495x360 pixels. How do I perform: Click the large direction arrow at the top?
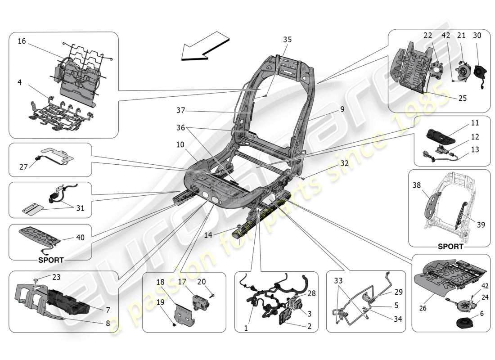[205, 46]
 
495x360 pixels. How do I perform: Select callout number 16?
[22, 41]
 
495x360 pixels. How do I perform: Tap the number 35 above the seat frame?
[287, 40]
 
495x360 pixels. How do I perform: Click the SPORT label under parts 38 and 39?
[450, 247]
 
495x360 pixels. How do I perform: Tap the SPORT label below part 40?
[51, 260]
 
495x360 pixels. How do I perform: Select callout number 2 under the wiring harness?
[309, 327]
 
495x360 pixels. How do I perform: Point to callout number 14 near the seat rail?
[207, 234]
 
